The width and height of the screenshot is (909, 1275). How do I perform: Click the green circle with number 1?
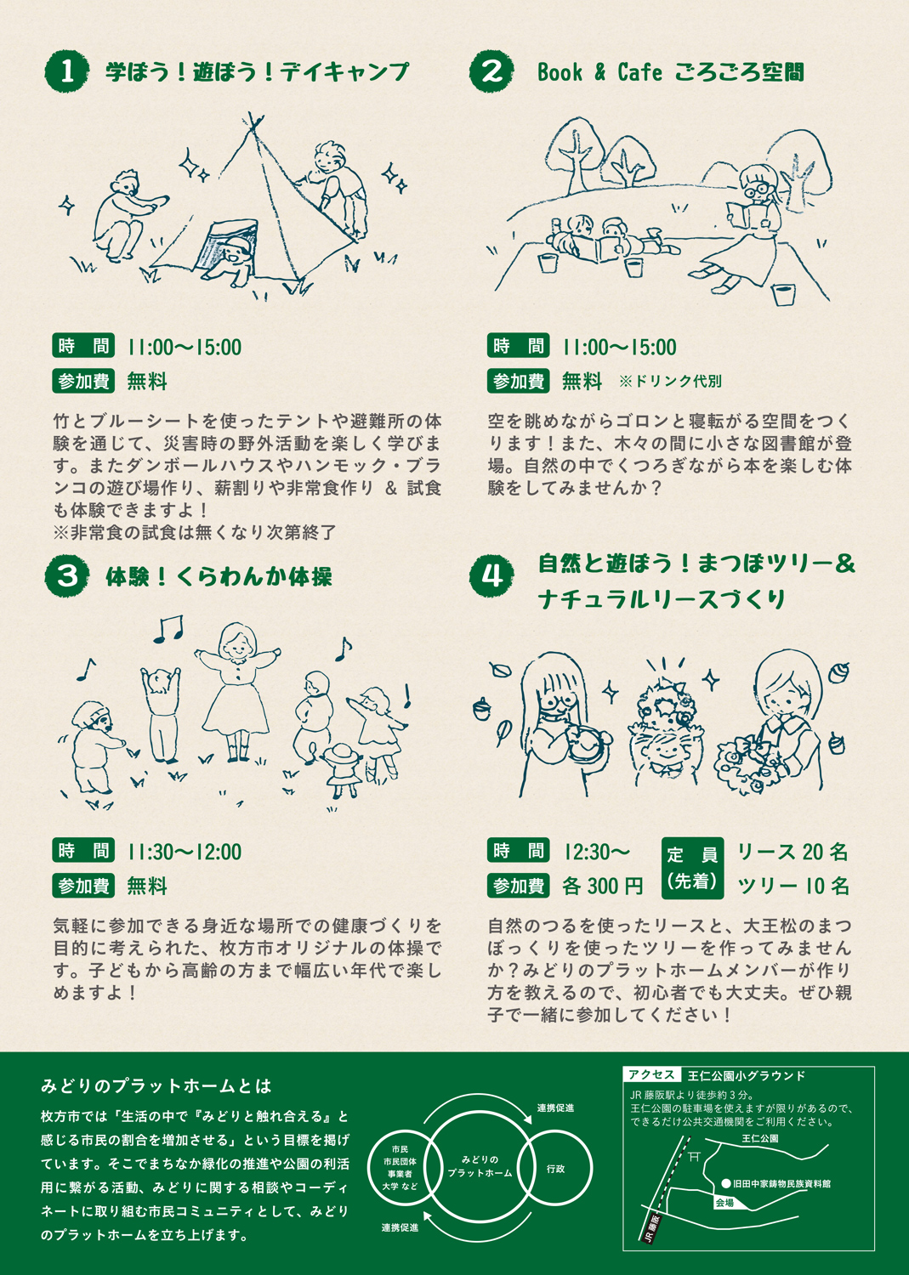point(67,71)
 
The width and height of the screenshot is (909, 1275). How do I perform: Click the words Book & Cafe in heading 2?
point(599,72)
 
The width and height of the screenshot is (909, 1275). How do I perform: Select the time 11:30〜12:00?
point(185,852)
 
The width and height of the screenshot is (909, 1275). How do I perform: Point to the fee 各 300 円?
point(603,887)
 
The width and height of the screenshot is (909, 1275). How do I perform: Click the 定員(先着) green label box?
point(692,869)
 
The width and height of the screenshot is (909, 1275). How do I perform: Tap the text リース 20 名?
point(793,852)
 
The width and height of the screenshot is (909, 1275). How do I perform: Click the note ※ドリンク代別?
point(670,382)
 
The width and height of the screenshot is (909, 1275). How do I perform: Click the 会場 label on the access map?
point(724,1203)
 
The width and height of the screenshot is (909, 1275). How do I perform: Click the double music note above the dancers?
point(168,629)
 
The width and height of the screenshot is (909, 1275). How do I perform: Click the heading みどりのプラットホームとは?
point(156,1086)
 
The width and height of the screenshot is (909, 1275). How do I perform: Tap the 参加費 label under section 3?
point(83,887)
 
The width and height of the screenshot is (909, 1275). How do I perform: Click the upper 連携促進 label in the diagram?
point(555,1108)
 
